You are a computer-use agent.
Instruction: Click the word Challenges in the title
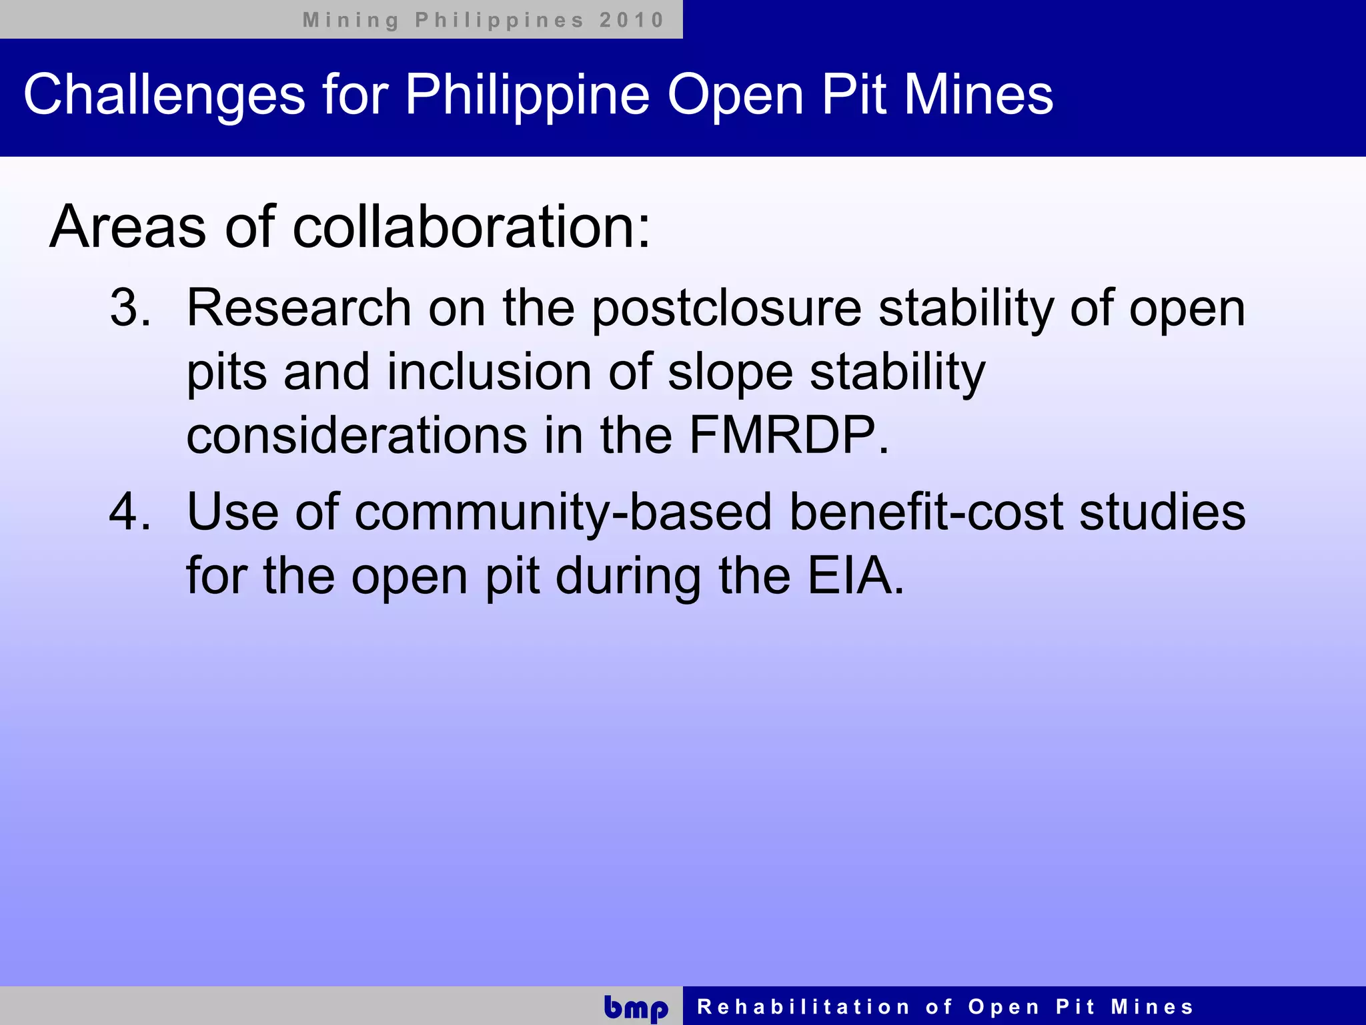164,95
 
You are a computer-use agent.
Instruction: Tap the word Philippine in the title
527,95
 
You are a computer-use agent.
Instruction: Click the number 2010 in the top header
631,20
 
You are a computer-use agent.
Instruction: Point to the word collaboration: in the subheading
471,227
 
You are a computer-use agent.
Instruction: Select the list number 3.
129,308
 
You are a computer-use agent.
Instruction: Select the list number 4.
129,512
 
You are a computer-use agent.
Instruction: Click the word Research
298,308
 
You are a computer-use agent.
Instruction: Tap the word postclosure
726,308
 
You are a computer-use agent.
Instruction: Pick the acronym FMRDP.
788,435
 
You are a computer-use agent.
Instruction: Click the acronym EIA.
855,575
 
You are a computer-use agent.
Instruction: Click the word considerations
357,435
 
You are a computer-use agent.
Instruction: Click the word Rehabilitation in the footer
803,1006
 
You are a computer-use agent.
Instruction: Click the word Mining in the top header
350,20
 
